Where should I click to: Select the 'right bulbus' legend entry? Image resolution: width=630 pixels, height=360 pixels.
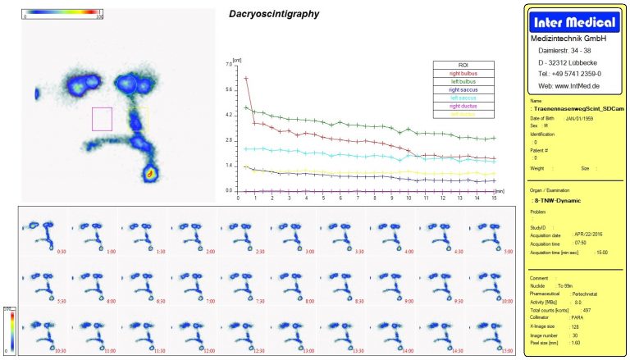tap(463, 74)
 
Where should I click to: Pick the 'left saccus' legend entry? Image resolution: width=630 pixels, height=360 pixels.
tap(463, 98)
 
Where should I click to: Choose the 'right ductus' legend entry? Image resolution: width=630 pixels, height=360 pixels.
tap(463, 106)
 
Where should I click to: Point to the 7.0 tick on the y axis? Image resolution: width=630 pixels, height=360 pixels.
tap(228, 64)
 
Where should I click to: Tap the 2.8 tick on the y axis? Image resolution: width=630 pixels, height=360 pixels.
tap(228, 140)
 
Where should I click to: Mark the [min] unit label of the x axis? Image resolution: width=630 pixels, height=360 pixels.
tap(499, 189)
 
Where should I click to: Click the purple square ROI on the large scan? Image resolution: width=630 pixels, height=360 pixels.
tap(102, 119)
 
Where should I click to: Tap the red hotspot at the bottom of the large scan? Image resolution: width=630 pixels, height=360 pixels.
tap(150, 173)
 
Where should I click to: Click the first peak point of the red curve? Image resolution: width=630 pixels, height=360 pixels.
tap(246, 79)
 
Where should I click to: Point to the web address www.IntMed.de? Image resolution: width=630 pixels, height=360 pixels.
tap(568, 84)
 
